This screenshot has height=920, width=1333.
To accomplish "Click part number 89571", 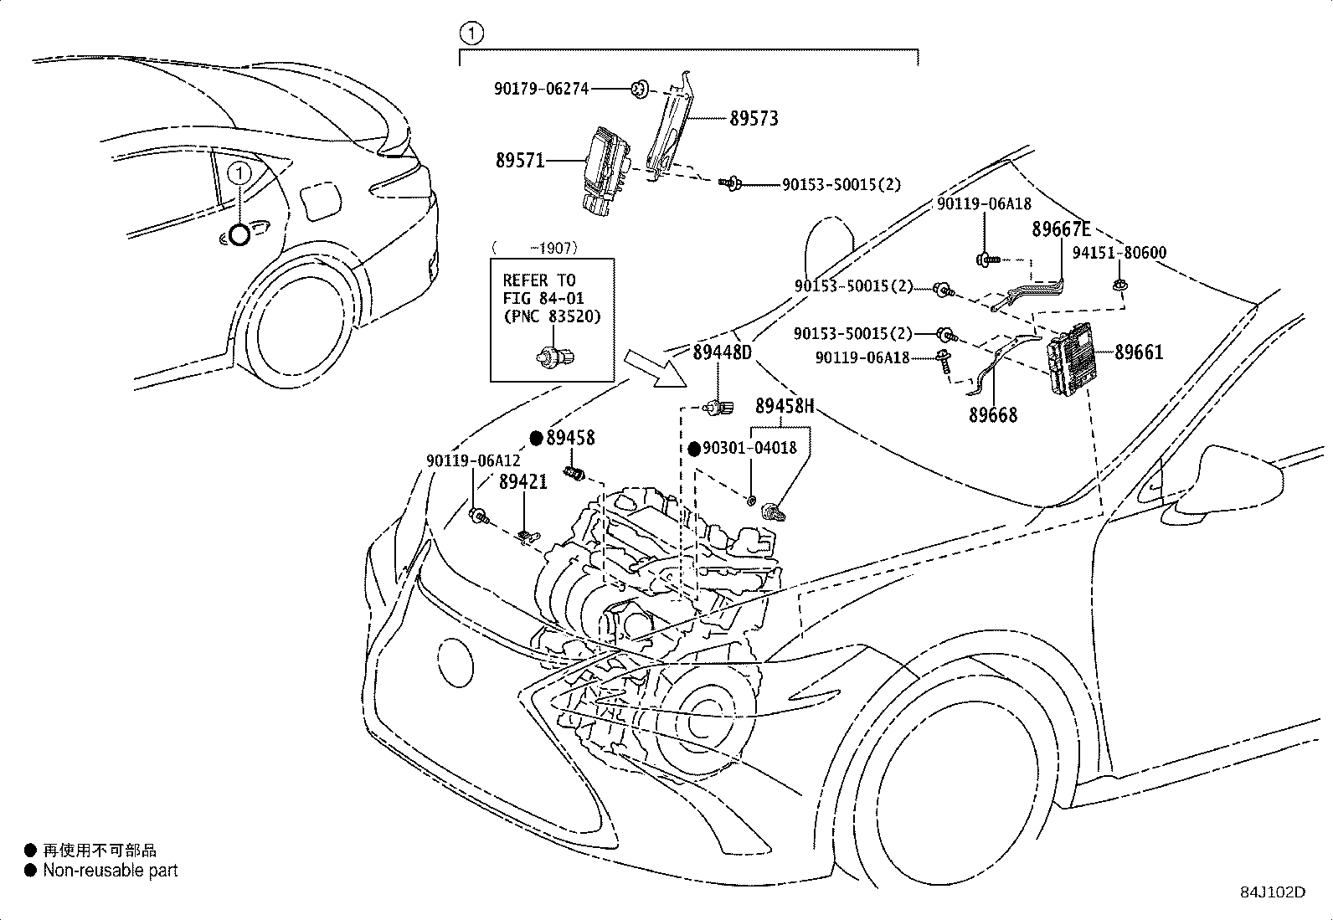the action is (520, 161).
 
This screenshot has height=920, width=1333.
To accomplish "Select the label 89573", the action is (754, 118).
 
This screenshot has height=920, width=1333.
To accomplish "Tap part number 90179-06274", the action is (541, 89).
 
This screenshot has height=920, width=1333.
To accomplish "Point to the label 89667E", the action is (1061, 229).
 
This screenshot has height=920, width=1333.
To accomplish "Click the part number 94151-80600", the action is (1119, 253).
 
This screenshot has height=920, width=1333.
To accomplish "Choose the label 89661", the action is (1139, 352).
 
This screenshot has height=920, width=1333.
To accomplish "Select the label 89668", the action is (993, 414).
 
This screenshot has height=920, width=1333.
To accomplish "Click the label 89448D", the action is (723, 353).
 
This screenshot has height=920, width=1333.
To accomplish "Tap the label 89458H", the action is (785, 406).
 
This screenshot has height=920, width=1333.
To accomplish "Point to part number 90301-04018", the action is (750, 448).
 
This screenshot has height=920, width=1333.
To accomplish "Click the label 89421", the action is (523, 482).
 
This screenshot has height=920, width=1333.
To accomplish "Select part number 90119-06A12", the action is (473, 460).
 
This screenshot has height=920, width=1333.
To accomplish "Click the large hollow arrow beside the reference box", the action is (655, 368).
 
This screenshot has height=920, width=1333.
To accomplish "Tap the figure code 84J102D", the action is (1273, 892).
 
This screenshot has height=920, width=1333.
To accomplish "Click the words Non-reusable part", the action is (111, 871).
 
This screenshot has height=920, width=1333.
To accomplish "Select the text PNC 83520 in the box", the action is (553, 316).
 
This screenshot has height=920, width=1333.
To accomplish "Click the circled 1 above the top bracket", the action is (471, 33).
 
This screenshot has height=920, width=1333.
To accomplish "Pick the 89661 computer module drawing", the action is (1070, 359).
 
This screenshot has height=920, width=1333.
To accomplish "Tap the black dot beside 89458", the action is (537, 439).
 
